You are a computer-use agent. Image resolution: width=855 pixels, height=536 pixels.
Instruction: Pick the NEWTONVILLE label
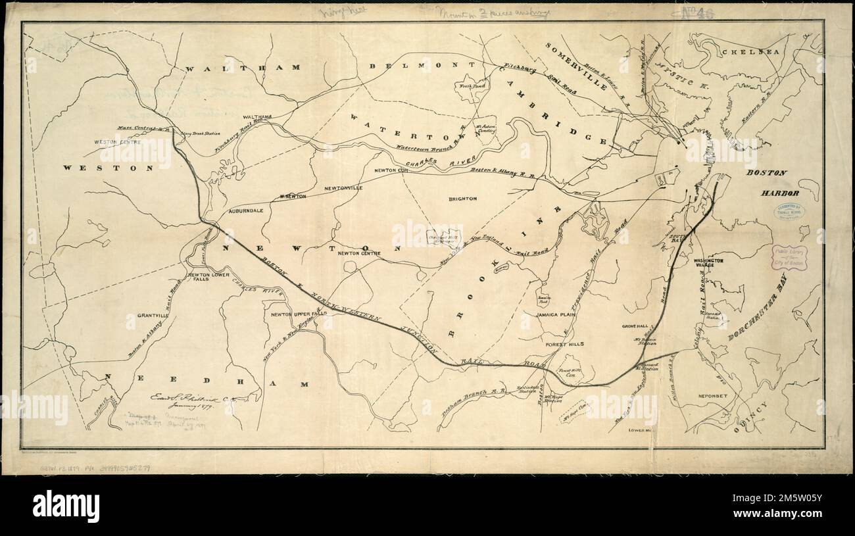[343, 188]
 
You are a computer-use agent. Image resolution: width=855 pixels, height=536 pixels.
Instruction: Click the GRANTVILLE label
[153, 316]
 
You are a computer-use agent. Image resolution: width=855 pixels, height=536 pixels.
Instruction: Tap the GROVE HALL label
[636, 326]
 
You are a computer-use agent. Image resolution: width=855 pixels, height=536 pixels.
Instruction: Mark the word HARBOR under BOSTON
[781, 193]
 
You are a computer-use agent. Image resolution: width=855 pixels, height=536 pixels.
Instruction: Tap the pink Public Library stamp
[791, 258]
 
